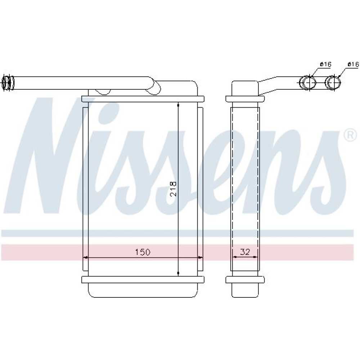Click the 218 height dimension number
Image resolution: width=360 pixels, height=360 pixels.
[x=174, y=189]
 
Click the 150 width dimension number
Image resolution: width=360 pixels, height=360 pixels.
[x=142, y=252]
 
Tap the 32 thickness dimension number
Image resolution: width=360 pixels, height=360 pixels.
[x=245, y=252]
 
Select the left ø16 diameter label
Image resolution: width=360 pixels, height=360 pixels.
[x=325, y=64]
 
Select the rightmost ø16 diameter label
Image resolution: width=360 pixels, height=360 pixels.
[x=353, y=64]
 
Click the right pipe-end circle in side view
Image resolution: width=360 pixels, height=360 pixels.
[x=333, y=82]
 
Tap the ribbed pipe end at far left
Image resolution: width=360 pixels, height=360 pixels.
[x=8, y=83]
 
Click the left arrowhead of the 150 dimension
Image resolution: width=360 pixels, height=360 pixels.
[x=85, y=258]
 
